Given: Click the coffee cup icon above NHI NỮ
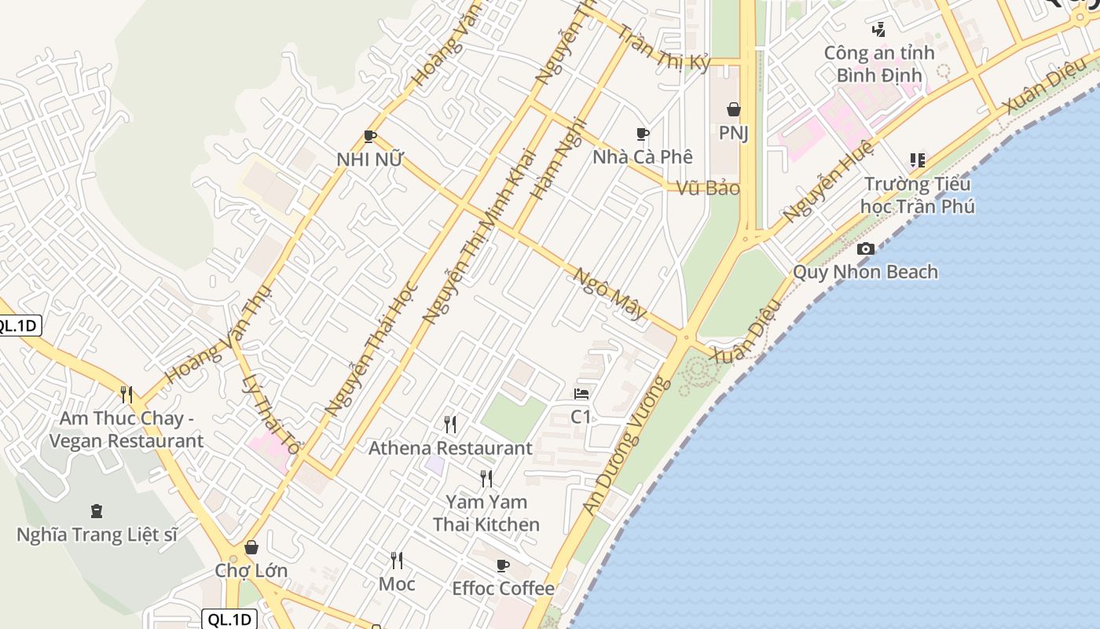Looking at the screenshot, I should pos(370,137).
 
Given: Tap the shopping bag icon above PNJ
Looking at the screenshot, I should pos(733,109).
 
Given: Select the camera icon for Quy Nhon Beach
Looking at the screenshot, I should pos(865,249).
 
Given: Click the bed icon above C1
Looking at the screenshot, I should pos(581,394).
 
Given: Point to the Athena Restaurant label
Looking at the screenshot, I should pos(450,448).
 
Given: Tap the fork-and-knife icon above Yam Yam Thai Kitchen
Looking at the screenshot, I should pos(486,478).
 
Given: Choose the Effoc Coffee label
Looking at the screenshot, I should pos(503,588).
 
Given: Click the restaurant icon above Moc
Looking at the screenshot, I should pos(397,561).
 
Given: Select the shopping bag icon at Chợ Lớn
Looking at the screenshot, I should pos(251,547).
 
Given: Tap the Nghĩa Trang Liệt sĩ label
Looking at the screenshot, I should pos(97,535).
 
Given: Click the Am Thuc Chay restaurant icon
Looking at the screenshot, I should pos(126,394).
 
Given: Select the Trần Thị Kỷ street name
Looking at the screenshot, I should pos(664,48).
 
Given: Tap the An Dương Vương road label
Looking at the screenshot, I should pos(627,446).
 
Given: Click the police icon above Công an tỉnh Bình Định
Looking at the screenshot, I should pos(879,30).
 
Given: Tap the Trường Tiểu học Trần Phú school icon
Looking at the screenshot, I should pos(917,160).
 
